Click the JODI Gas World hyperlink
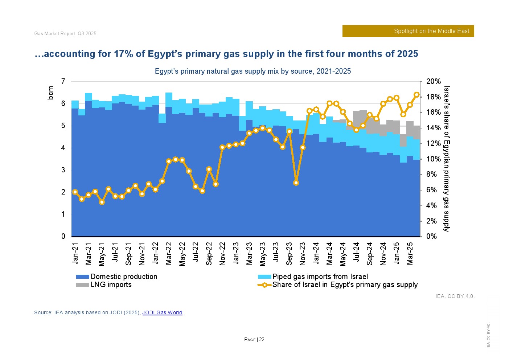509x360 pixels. pos(162,312)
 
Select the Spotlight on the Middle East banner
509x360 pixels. pos(408,31)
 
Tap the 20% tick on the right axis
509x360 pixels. pos(433,82)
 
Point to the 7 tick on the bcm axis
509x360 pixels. pos(63,82)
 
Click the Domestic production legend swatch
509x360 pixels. pos(82,277)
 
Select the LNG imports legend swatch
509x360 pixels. pos(82,285)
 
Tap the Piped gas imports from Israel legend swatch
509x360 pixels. pos(264,277)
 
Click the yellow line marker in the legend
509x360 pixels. pos(264,285)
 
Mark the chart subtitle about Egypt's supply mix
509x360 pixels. pos(253,71)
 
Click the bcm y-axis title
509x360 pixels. pos(51,93)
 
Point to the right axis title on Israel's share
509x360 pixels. pos(447,159)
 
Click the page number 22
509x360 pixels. pos(262,340)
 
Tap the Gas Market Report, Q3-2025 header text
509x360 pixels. pos(65,34)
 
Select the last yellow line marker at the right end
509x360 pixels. pos(416,95)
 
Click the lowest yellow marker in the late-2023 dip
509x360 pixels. pos(296,183)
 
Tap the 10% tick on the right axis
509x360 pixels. pos(433,159)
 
